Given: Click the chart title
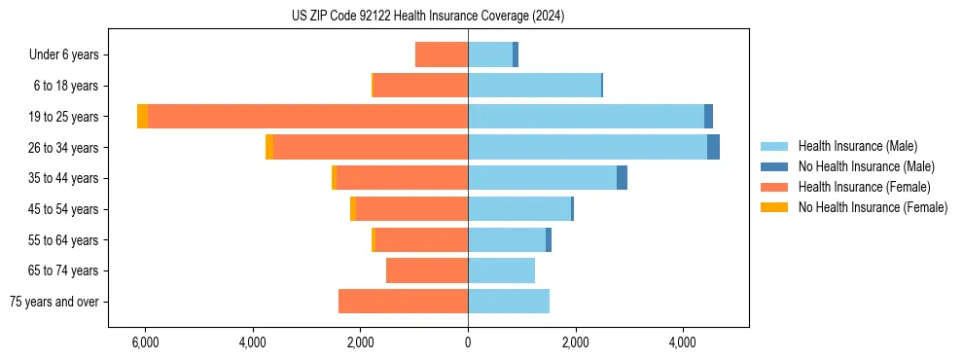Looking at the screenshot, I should (x=427, y=17).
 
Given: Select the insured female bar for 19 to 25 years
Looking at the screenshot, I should (x=307, y=117).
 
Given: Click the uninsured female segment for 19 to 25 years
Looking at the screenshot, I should (x=142, y=117).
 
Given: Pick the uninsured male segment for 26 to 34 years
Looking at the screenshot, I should (x=713, y=147).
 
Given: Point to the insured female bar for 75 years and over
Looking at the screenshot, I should (x=403, y=302).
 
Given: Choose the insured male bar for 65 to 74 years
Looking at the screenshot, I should (x=501, y=270).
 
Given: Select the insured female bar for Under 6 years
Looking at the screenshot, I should (x=442, y=54).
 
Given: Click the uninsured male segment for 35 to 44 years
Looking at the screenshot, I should (x=622, y=178).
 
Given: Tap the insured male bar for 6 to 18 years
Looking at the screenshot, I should (x=534, y=86).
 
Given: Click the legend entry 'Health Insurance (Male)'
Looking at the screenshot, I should (x=857, y=146).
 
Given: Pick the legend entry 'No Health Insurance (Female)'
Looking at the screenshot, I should (x=873, y=207).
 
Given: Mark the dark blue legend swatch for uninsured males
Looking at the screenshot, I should (x=774, y=166).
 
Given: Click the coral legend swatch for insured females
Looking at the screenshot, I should (x=774, y=187).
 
